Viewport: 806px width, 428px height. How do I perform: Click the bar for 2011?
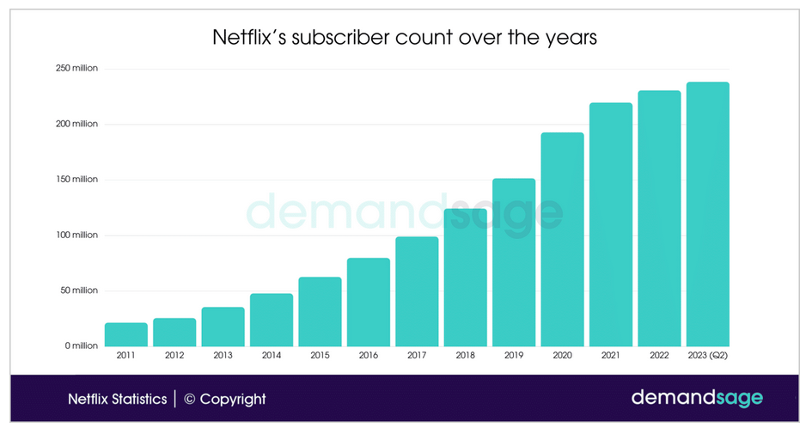(x=125, y=334)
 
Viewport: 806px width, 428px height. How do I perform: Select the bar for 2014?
(x=272, y=320)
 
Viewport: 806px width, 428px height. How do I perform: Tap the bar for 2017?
(x=417, y=291)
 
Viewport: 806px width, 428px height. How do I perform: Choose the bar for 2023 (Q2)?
(x=707, y=214)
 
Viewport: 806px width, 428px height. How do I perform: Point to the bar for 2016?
(x=369, y=302)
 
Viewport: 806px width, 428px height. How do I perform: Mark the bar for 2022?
(x=659, y=218)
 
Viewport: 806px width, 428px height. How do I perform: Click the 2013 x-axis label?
(x=223, y=355)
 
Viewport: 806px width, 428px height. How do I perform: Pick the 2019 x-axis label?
(x=514, y=355)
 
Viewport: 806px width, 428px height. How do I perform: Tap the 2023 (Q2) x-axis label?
(x=707, y=355)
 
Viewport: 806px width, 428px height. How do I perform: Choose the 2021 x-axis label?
(x=611, y=355)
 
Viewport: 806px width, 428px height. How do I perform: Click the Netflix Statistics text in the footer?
(x=118, y=399)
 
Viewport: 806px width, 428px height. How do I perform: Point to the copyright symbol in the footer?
(x=191, y=399)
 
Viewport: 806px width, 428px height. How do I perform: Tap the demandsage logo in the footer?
(x=697, y=398)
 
